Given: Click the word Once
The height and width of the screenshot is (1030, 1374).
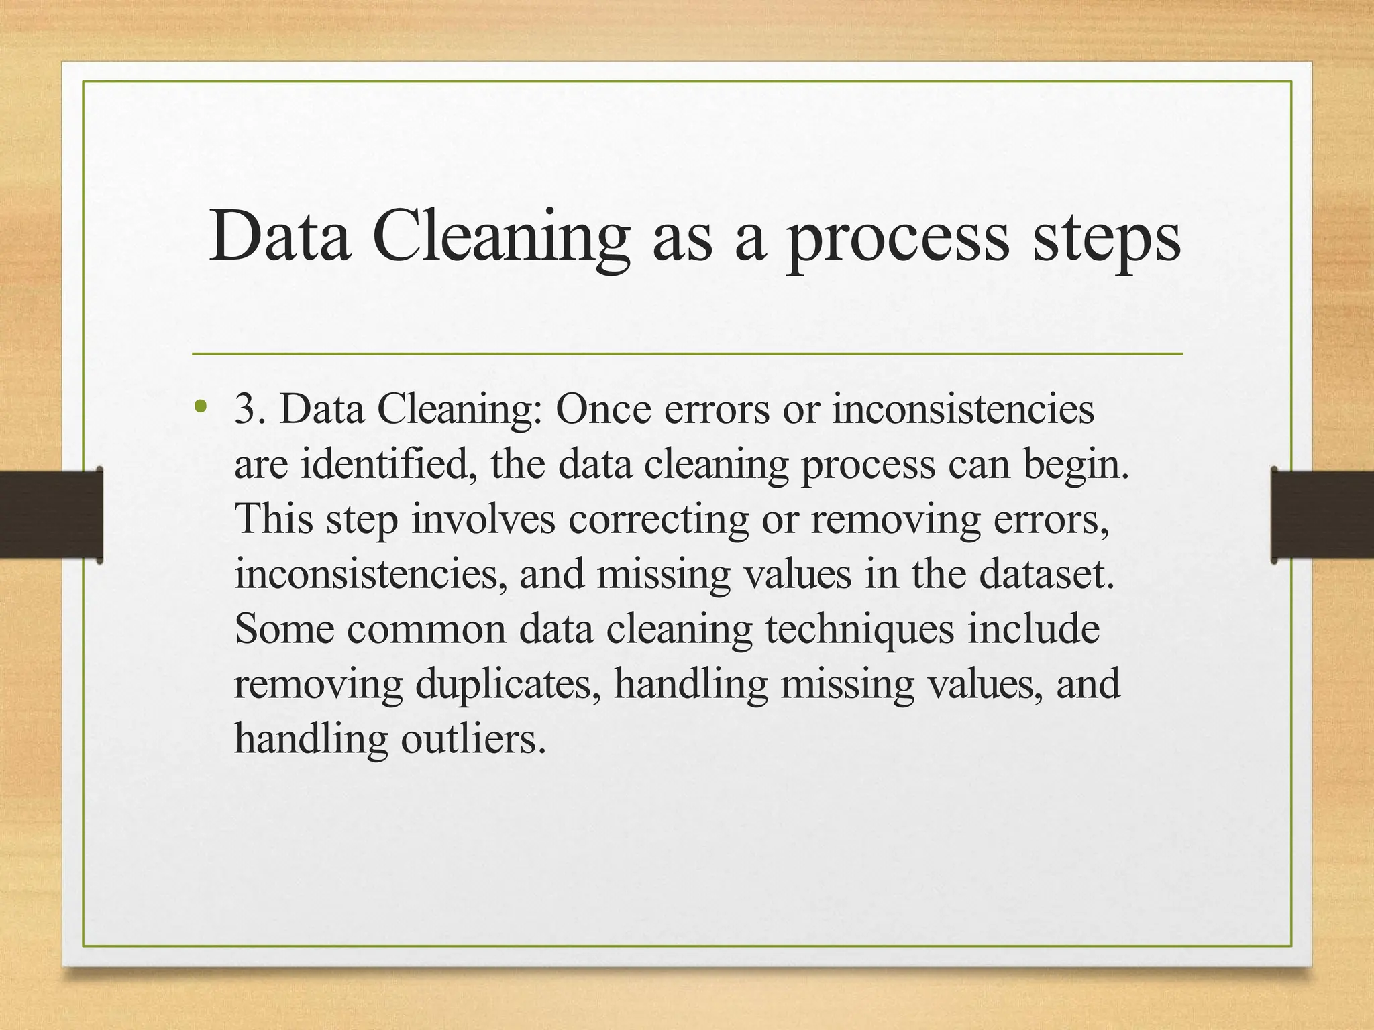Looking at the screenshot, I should point(603,409).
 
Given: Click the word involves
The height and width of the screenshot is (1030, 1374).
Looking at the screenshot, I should point(483,519).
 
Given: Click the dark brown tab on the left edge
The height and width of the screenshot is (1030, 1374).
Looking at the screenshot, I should point(51,515).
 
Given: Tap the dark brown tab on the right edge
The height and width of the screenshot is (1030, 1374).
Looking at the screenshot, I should point(1322,515).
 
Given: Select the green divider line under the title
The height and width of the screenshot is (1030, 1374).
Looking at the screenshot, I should point(687,353).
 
